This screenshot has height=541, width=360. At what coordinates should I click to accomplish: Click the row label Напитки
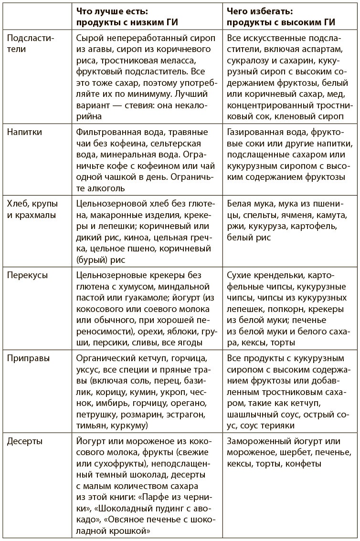point(24,132)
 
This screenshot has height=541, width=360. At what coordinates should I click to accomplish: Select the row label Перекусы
point(28,275)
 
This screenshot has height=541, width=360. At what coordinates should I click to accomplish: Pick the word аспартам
point(325,50)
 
